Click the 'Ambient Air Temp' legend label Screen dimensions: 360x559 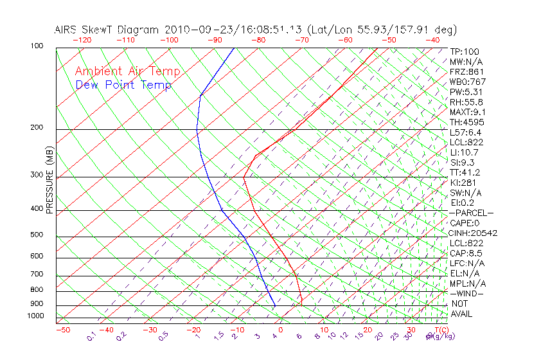127,71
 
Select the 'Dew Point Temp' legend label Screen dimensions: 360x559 123,85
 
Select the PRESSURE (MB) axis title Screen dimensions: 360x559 50,181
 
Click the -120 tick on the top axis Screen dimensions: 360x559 82,40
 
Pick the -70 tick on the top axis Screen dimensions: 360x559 301,40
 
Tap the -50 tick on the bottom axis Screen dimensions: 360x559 62,330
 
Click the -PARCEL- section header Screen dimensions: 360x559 471,213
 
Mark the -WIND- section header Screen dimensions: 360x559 467,293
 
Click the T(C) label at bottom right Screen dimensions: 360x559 441,330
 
